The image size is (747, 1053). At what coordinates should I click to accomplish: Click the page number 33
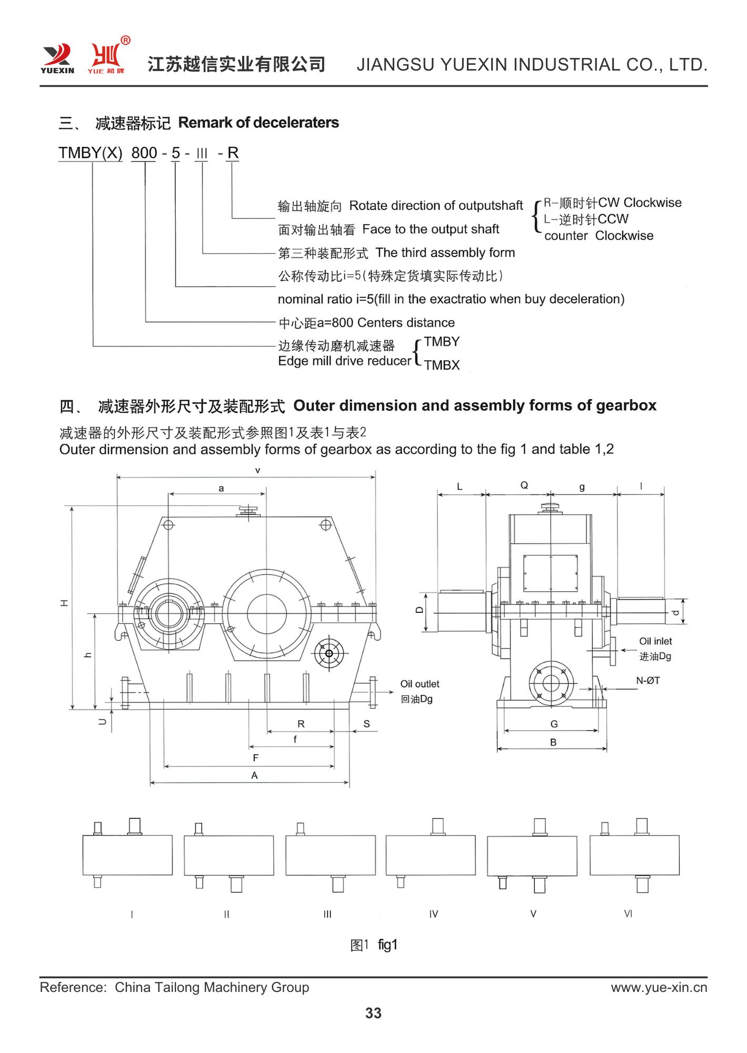coord(373,1012)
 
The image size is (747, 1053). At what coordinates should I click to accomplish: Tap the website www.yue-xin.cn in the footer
coord(659,987)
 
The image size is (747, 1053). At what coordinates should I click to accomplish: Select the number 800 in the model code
coord(144,153)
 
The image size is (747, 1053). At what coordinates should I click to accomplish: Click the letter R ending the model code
coord(233,153)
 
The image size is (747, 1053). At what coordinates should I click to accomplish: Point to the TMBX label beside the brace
coord(442,365)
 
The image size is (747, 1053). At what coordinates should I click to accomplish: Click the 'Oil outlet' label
coord(420,684)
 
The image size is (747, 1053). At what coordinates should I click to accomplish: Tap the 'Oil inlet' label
coord(655,641)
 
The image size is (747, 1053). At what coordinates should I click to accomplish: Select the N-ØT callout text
coord(648,681)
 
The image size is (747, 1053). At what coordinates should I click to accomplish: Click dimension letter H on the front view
coord(64,603)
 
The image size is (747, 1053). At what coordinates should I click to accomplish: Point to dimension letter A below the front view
coord(254,775)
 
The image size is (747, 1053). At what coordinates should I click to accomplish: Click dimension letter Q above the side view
coord(524,485)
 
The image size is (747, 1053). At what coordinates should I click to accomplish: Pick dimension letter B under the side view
coord(553,742)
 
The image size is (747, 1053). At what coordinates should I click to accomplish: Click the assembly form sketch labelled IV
coord(431,855)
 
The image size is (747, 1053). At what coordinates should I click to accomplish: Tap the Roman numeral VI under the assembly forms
coord(628,913)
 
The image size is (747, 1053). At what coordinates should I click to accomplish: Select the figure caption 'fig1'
coord(387,945)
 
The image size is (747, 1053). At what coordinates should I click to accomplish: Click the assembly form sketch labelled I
coord(127,855)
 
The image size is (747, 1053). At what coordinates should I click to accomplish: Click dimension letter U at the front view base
coord(103,722)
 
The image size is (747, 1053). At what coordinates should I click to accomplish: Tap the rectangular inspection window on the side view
coord(550,573)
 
